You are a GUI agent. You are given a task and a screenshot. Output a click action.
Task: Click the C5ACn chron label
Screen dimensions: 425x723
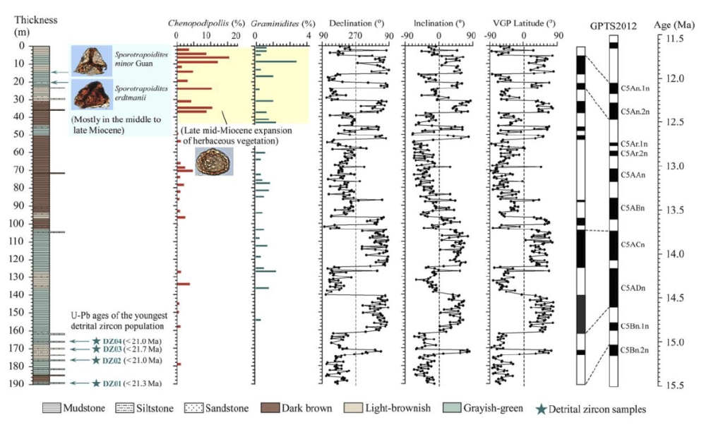tap(633, 244)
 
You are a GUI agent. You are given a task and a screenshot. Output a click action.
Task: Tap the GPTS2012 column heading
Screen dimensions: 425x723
tap(614, 26)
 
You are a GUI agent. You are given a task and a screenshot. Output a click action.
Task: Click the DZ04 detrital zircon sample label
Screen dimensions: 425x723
tap(113, 341)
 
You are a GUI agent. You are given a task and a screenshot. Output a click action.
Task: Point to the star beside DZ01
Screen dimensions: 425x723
tap(96, 383)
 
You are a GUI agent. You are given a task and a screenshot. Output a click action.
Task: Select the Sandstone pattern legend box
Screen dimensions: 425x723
tap(193, 408)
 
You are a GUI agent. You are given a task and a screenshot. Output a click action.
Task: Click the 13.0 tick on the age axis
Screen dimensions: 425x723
tap(666, 167)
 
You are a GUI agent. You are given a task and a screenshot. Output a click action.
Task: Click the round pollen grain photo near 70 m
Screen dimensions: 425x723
tap(214, 162)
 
